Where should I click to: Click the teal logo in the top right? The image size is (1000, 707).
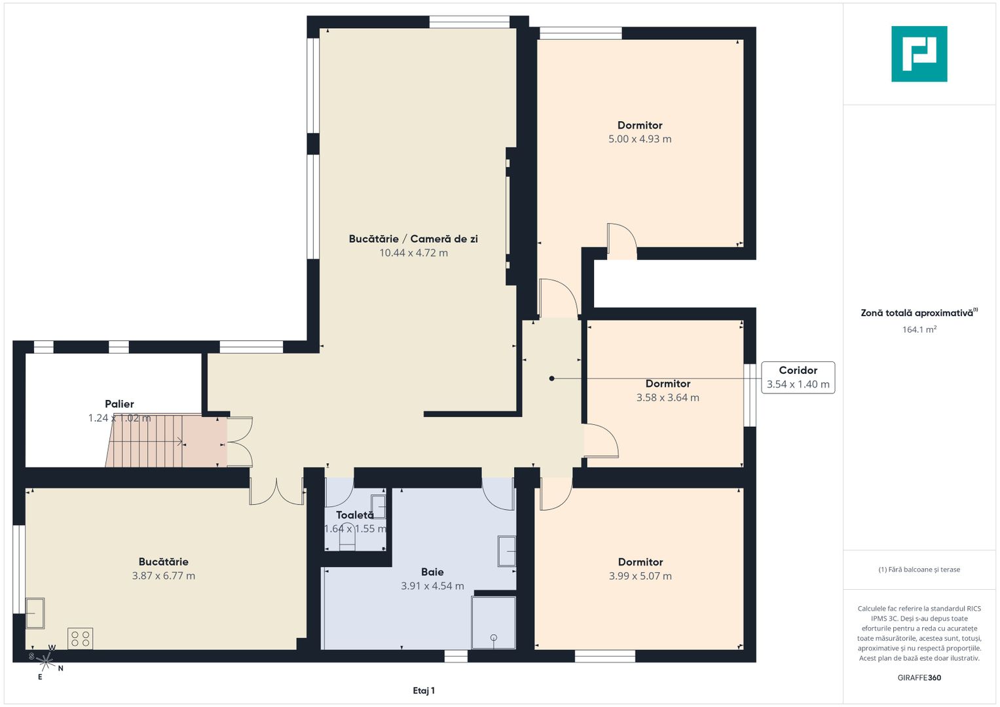click(x=919, y=54)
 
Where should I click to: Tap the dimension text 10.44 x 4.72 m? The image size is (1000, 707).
click(x=413, y=253)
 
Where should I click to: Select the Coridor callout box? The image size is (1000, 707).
click(x=798, y=377)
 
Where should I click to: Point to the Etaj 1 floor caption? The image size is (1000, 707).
click(x=424, y=690)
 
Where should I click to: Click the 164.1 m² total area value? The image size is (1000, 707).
click(x=919, y=329)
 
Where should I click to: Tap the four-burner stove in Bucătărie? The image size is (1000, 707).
click(x=81, y=638)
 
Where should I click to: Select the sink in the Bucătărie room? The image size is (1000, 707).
click(x=35, y=613)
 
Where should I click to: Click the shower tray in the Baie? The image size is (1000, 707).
click(x=493, y=622)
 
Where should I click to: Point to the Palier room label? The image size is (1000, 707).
click(x=119, y=404)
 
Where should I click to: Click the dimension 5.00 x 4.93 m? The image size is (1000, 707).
click(x=640, y=139)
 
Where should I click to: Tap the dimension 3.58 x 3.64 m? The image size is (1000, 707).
click(x=667, y=397)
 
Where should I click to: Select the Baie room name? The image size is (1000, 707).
click(x=432, y=571)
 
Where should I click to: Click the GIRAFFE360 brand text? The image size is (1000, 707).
click(x=919, y=678)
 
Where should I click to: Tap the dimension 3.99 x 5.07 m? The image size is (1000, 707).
click(x=640, y=576)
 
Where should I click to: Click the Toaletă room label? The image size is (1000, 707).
click(x=354, y=515)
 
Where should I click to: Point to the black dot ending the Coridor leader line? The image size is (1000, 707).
click(x=551, y=378)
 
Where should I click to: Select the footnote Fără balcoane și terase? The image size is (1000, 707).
click(x=919, y=570)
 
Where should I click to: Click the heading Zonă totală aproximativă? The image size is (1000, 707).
click(x=917, y=313)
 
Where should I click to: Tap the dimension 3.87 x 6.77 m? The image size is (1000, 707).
click(x=163, y=576)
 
